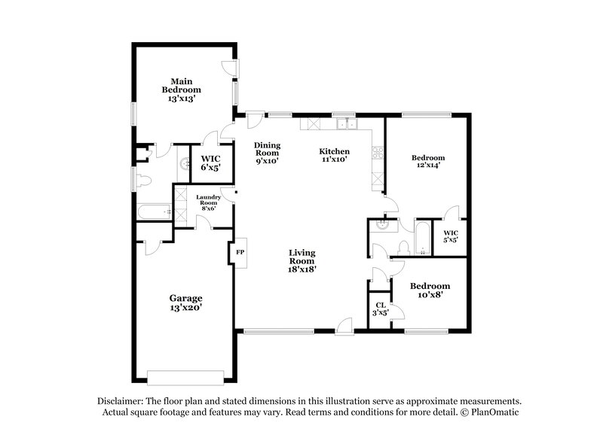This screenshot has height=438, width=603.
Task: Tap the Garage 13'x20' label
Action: pyautogui.click(x=185, y=303)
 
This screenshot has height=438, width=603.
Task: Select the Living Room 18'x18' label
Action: pyautogui.click(x=301, y=260)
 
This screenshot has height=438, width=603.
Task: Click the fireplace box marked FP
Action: pyautogui.click(x=240, y=252)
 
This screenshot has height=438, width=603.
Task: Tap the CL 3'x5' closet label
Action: pyautogui.click(x=381, y=309)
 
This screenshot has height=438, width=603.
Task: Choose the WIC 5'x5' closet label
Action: pyautogui.click(x=451, y=236)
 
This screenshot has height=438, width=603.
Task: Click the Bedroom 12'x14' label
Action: pyautogui.click(x=427, y=162)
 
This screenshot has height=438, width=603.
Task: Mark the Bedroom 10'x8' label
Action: pyautogui.click(x=430, y=290)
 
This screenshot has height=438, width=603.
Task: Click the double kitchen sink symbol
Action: pyautogui.click(x=346, y=124)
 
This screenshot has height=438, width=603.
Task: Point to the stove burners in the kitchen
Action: pyautogui.click(x=378, y=153)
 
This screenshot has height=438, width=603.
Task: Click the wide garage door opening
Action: pyautogui.click(x=185, y=376)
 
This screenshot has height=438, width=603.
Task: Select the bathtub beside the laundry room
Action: pyautogui.click(x=155, y=213)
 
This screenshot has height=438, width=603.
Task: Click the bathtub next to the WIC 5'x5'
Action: pyautogui.click(x=421, y=238)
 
